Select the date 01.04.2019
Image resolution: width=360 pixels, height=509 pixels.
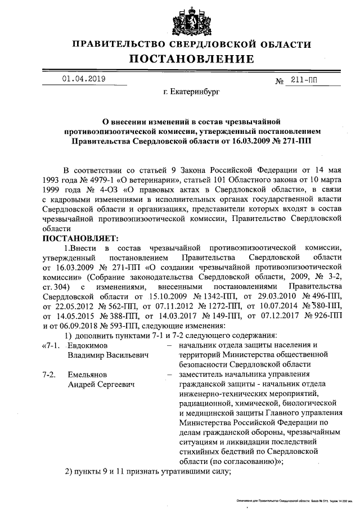tap(84, 79)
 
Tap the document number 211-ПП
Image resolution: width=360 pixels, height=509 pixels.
tap(304, 80)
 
